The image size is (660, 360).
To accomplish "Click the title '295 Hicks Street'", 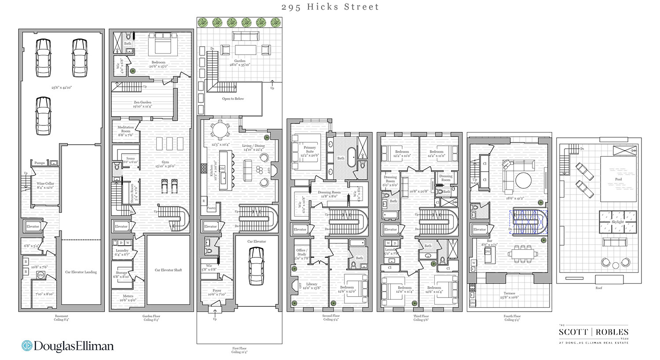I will click(330, 7).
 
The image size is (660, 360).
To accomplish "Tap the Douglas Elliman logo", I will click(68, 346).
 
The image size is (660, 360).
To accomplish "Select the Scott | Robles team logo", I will click(594, 334).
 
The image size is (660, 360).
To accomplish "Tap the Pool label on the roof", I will click(618, 179).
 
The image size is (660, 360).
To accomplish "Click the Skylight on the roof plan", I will click(617, 222).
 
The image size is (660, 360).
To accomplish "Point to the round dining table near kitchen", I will click(219, 130).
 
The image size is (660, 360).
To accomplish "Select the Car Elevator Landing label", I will click(81, 272).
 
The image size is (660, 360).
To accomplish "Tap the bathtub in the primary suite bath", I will click(351, 157).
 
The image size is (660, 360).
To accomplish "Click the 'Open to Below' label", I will click(233, 99).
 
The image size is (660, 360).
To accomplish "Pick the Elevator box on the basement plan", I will click(33, 227).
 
